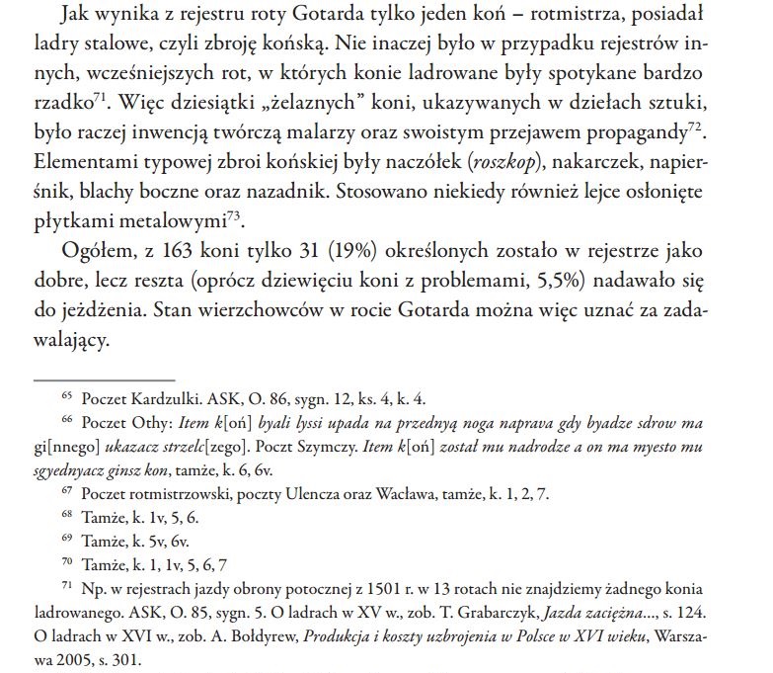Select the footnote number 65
coord(67,396)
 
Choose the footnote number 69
coord(67,538)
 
